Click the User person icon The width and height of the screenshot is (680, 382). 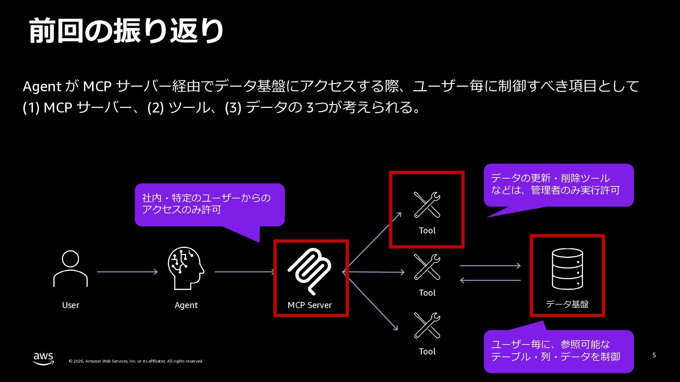point(70,268)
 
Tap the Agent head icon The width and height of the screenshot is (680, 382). point(186,268)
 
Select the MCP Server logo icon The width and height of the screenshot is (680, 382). point(310,271)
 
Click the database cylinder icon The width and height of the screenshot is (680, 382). point(567,268)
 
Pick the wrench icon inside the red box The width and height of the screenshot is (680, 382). point(427,205)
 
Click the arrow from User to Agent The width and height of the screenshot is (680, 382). point(127,272)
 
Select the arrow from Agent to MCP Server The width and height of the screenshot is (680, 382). point(244,272)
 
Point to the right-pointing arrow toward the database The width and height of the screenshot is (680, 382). point(490,265)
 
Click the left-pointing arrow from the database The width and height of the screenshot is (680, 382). point(490,280)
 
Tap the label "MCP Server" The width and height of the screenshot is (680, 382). point(310,305)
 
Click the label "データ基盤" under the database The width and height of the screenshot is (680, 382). point(567,304)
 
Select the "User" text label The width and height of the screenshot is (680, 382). point(70,305)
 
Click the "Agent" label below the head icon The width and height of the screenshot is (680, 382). point(186,305)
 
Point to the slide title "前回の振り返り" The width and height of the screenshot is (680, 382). point(126,31)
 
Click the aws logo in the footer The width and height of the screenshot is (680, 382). point(44,358)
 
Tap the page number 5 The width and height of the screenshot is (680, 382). point(654,355)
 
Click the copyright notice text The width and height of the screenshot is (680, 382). point(136,361)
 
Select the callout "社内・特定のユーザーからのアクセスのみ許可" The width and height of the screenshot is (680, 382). point(209,204)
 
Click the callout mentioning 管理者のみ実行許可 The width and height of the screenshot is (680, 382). point(559,185)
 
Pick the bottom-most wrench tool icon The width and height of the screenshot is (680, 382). point(427,325)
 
